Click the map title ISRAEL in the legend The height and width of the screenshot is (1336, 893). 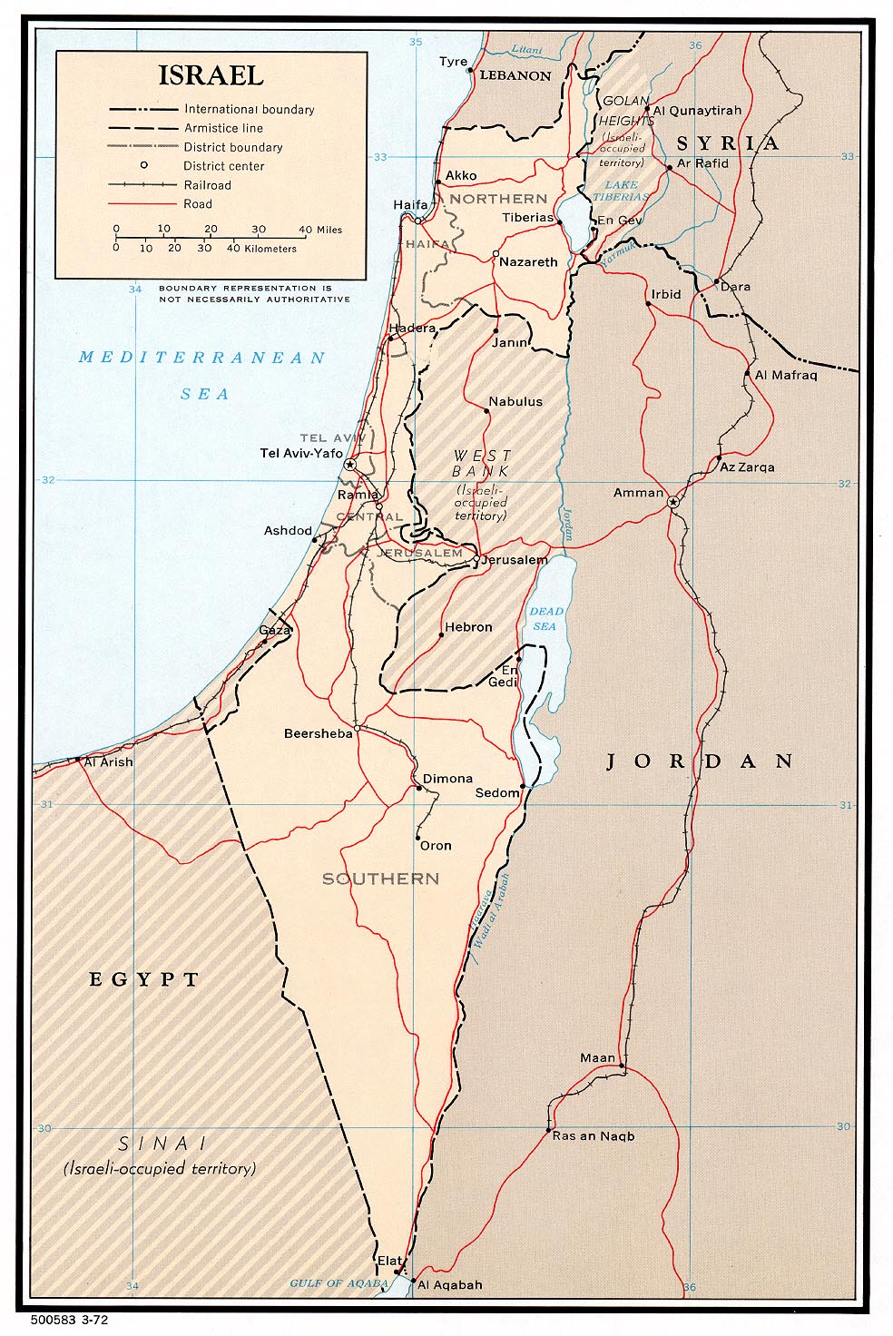(211, 75)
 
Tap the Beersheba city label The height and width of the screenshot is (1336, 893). (318, 733)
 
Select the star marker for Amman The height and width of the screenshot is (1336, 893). (672, 502)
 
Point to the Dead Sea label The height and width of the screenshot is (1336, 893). (545, 619)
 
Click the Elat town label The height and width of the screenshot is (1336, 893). (389, 1261)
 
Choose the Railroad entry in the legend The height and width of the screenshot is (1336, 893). (207, 185)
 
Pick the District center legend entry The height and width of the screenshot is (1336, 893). (223, 166)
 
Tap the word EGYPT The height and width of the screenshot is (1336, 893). (143, 979)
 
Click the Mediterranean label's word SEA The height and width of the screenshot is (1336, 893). (204, 394)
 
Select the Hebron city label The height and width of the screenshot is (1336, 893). (468, 627)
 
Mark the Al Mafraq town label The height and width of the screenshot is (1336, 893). (786, 375)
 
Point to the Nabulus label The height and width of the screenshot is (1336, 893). (515, 401)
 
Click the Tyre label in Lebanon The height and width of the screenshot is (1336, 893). (453, 62)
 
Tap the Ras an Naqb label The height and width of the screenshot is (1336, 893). (594, 1136)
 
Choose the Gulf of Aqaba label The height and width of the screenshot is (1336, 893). (339, 1283)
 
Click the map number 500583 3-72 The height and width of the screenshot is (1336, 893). (69, 1320)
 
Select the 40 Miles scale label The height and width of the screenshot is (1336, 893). (320, 230)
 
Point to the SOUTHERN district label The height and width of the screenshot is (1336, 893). (380, 879)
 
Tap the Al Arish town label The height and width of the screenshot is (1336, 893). (108, 762)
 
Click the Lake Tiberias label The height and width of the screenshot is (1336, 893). (621, 191)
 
